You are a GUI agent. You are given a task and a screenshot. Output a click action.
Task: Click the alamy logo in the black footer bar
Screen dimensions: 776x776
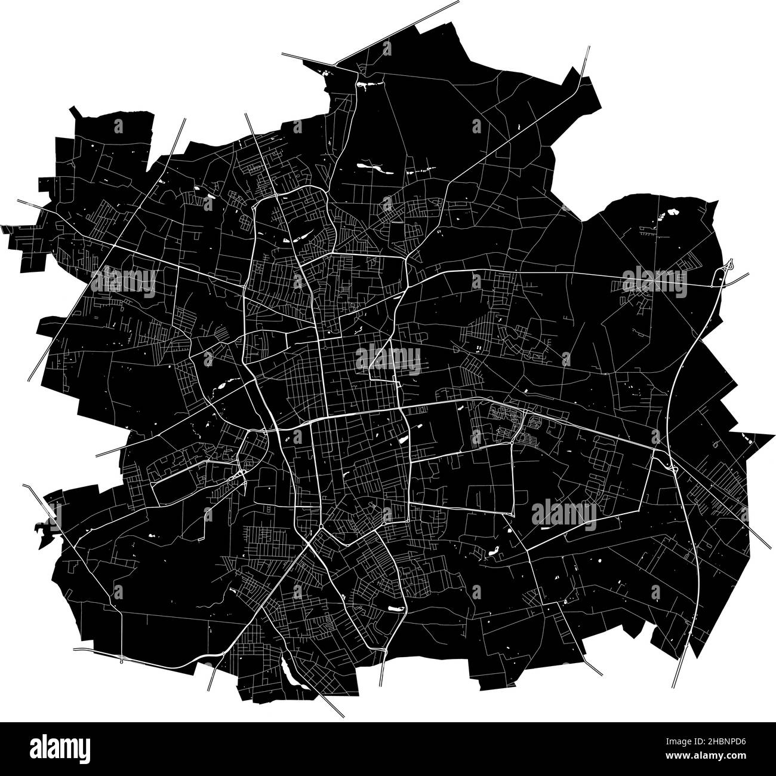[60, 749]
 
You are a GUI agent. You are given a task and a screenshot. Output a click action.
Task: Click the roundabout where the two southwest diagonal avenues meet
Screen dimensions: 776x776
[321, 526]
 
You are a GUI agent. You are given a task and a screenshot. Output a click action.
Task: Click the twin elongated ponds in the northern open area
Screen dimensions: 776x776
[373, 167]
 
